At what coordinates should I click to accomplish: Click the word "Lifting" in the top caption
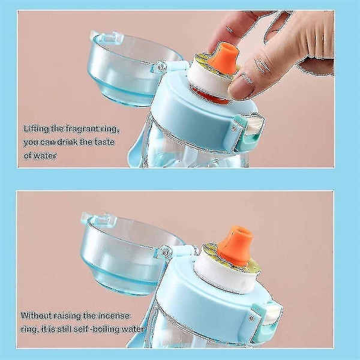point(36,129)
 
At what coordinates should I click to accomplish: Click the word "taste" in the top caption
point(104,142)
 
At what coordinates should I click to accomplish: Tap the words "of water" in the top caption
point(40,156)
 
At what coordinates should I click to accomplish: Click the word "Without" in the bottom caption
point(36,316)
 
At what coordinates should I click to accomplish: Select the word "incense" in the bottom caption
point(114,316)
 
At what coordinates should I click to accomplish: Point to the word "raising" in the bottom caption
point(67,316)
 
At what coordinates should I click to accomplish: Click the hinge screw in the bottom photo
point(165,252)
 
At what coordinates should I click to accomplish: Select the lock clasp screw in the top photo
point(234,128)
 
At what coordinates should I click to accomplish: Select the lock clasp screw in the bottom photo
point(251,318)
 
